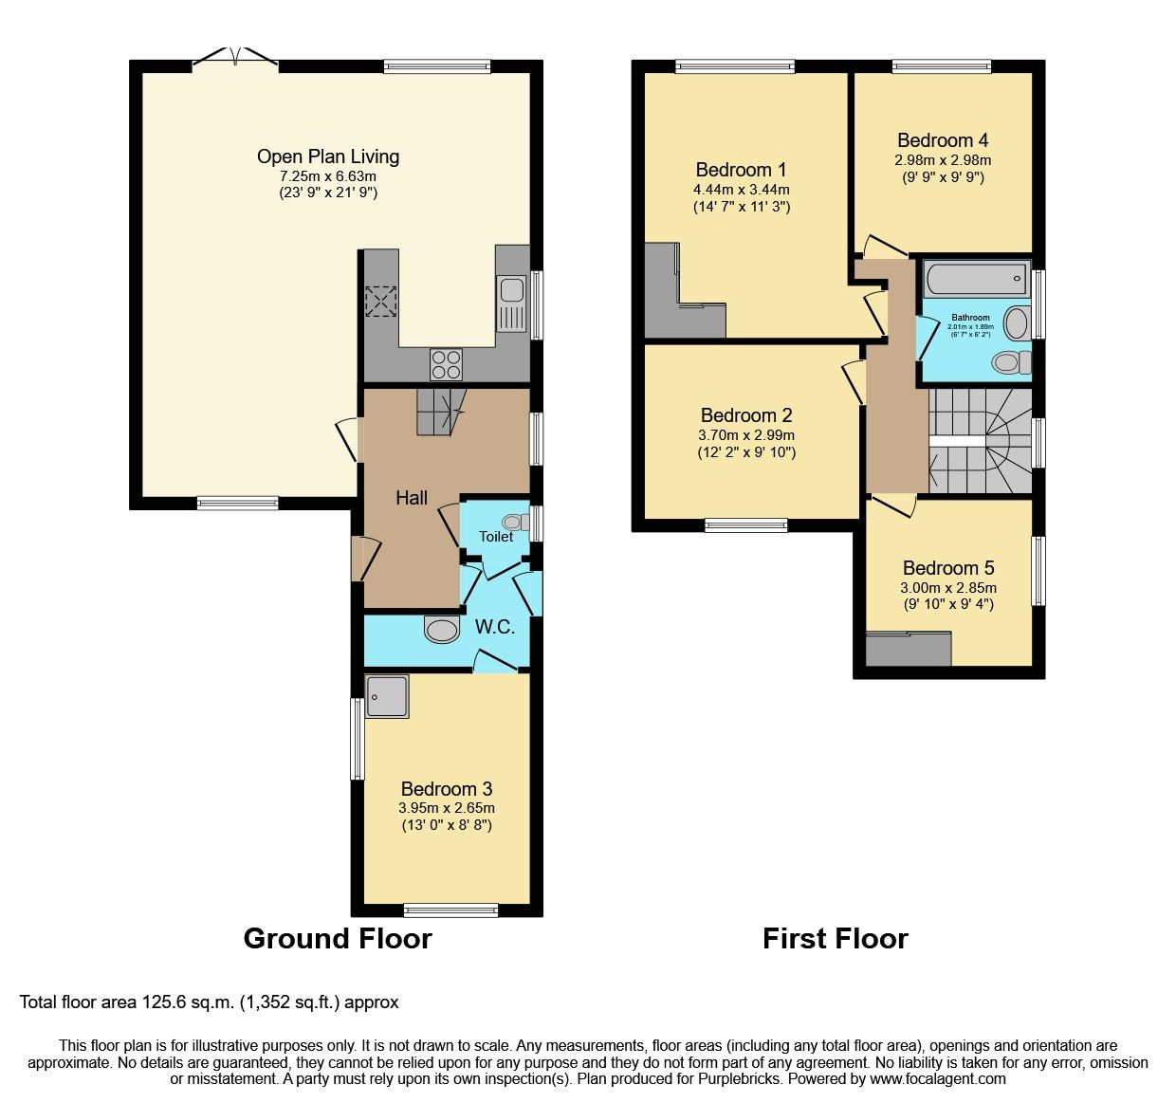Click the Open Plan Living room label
click(x=328, y=156)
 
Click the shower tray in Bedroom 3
click(x=387, y=696)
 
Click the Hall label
click(x=412, y=498)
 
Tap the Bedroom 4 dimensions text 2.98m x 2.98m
click(x=943, y=160)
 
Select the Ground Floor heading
click(x=338, y=938)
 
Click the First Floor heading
click(x=835, y=938)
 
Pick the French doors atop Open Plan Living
click(x=235, y=59)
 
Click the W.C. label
click(x=495, y=627)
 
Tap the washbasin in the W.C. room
click(x=442, y=630)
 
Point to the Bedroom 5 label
click(x=948, y=568)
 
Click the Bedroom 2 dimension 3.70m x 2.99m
click(x=746, y=435)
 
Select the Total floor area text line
click(x=210, y=1002)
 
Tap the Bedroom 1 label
click(x=741, y=170)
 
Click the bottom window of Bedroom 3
click(x=450, y=910)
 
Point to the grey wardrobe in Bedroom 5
click(x=909, y=650)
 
